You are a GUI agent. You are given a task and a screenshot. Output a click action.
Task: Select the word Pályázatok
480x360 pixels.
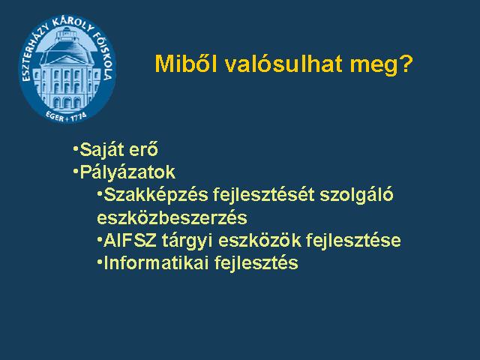[x=127, y=172]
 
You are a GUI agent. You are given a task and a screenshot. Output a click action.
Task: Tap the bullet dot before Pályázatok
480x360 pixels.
[x=75, y=171]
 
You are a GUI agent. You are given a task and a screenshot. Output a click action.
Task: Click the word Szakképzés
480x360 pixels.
[x=156, y=195]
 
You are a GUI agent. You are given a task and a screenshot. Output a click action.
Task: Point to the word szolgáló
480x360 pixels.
[x=356, y=195]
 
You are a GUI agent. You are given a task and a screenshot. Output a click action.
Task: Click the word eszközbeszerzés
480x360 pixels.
[x=172, y=218]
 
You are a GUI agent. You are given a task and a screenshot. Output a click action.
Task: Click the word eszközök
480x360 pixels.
[x=260, y=241]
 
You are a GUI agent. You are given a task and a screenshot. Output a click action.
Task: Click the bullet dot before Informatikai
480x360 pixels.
[x=99, y=262]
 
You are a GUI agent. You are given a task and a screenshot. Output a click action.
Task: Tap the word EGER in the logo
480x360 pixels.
[x=55, y=116]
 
